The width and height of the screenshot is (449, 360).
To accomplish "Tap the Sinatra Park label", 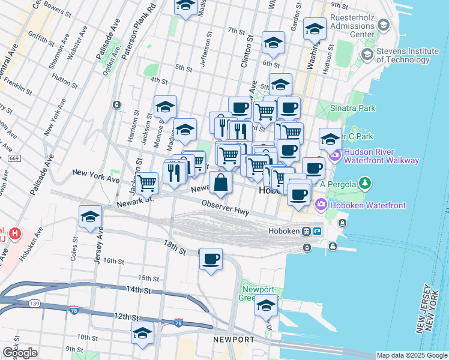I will tap(355, 108).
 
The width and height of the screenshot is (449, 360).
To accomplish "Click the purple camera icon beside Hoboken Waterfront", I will tap(321, 205).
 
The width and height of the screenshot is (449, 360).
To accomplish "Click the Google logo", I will tap(20, 353).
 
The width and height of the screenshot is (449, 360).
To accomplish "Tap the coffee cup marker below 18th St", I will tap(211, 259).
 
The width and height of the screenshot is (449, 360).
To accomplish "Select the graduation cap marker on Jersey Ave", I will tap(90, 217).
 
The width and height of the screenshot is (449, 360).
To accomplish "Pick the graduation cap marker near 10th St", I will tap(143, 333).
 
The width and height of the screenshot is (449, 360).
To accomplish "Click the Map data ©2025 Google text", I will tap(411, 355).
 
